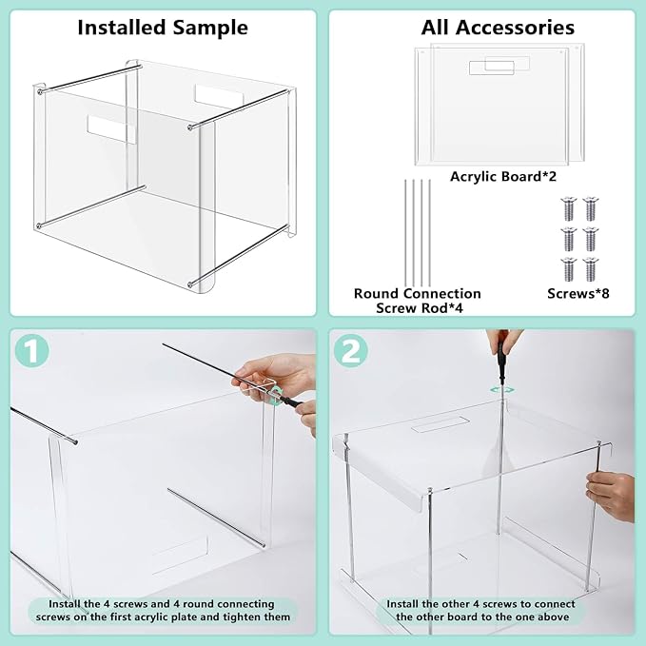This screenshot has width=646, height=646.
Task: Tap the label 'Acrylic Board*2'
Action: click(x=497, y=176)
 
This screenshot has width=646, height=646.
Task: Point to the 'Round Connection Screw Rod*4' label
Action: click(x=417, y=301)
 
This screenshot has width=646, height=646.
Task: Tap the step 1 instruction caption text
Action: click(x=161, y=610)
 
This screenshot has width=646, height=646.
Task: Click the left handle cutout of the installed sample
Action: click(x=111, y=129)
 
